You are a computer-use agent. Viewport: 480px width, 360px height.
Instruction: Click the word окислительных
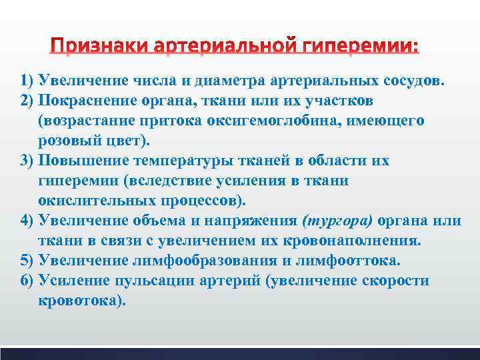(x=91, y=201)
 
